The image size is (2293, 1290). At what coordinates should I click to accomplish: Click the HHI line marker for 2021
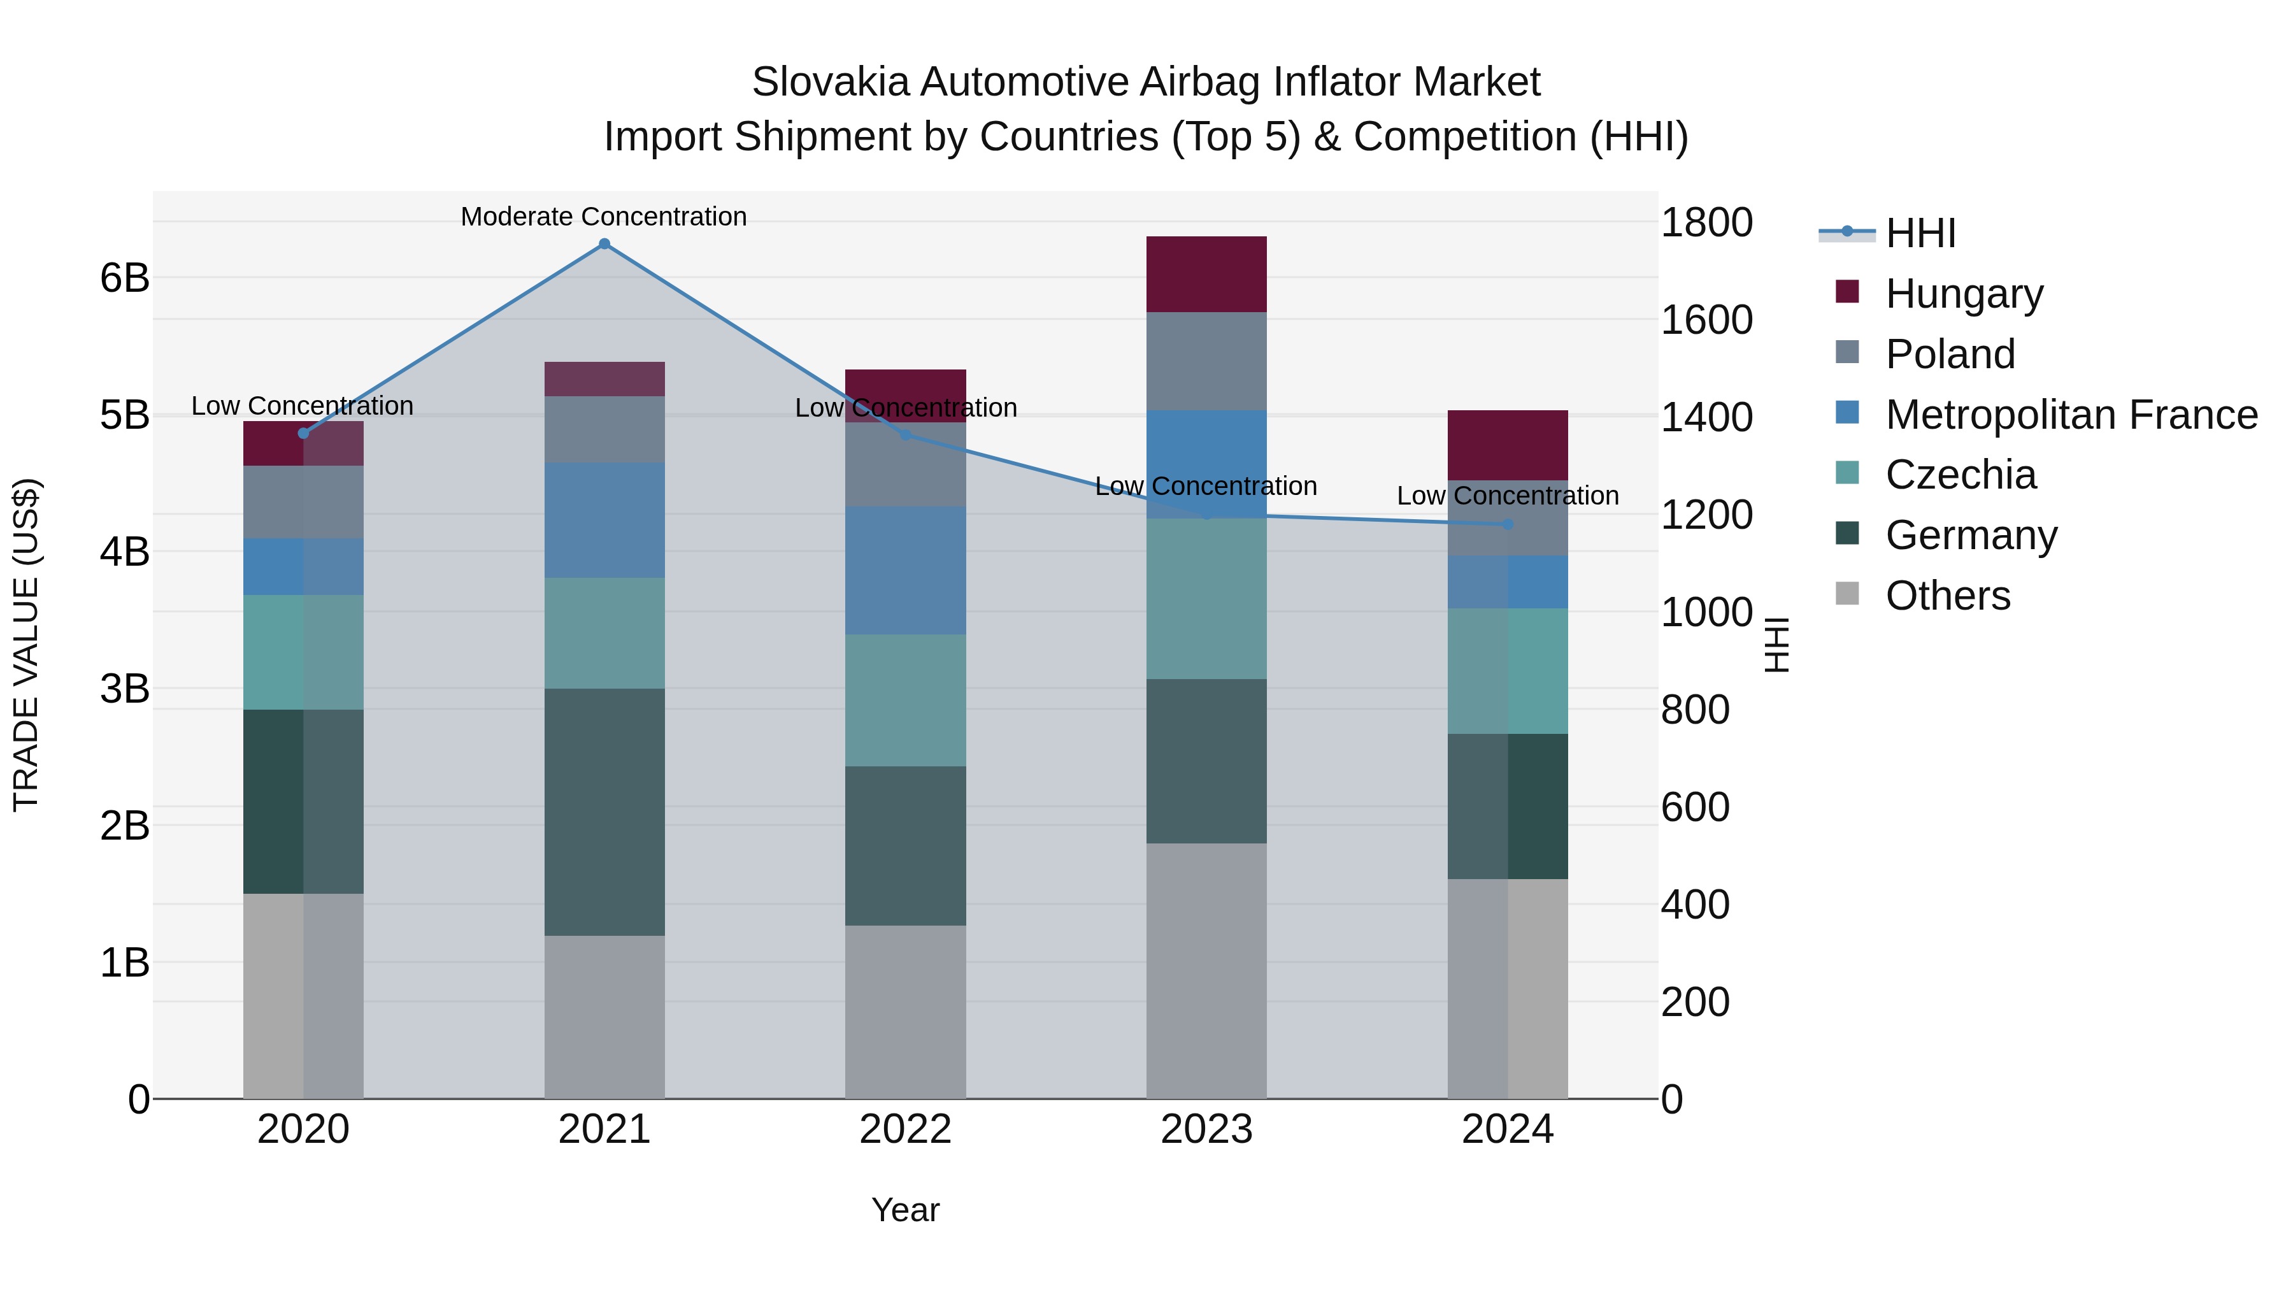pyautogui.click(x=604, y=244)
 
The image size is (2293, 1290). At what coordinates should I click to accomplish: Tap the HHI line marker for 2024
pyautogui.click(x=1508, y=524)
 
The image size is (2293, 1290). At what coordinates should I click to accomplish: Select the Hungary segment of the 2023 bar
pyautogui.click(x=1206, y=274)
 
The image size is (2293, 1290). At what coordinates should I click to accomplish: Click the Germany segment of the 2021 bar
pyautogui.click(x=604, y=812)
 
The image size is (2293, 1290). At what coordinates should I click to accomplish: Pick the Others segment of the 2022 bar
pyautogui.click(x=905, y=1012)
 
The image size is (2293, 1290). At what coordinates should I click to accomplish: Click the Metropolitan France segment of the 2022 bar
pyautogui.click(x=905, y=571)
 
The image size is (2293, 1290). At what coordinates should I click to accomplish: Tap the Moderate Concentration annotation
pyautogui.click(x=604, y=217)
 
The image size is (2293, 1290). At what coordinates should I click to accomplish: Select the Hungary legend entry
pyautogui.click(x=1964, y=294)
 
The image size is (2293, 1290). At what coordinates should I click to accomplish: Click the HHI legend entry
pyautogui.click(x=1920, y=233)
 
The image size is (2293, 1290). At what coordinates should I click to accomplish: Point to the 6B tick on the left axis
pyautogui.click(x=125, y=278)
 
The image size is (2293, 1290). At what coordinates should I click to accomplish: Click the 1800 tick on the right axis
pyautogui.click(x=1706, y=222)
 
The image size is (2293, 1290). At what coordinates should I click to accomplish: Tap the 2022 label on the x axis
pyautogui.click(x=905, y=1129)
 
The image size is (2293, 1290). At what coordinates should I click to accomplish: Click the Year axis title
pyautogui.click(x=905, y=1210)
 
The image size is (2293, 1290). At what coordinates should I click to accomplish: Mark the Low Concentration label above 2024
pyautogui.click(x=1507, y=496)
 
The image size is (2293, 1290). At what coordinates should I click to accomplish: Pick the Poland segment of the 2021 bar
pyautogui.click(x=604, y=429)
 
